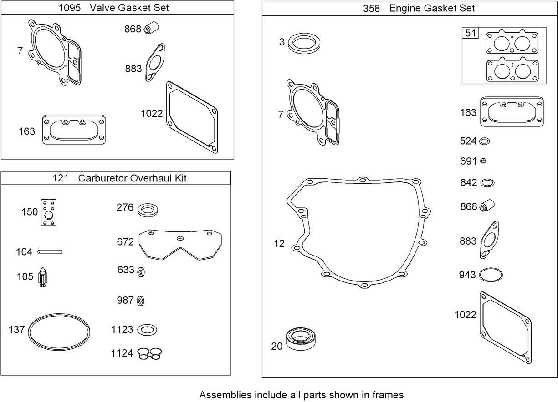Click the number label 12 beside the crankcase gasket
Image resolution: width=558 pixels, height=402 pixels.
click(x=279, y=244)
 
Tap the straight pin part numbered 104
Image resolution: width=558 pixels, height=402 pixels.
click(x=50, y=251)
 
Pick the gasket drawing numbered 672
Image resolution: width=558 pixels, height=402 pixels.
click(x=180, y=244)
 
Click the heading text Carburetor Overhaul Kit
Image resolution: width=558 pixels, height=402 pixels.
click(x=132, y=178)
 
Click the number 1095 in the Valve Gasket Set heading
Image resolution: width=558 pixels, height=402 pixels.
click(x=70, y=8)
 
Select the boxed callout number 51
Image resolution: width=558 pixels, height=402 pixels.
click(x=470, y=33)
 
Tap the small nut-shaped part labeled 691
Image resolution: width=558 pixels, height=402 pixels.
click(x=484, y=161)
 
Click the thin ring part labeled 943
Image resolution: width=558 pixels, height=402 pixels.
click(x=491, y=275)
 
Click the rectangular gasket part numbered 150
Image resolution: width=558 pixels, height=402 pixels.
click(x=48, y=211)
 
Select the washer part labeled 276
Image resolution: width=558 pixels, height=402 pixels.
click(x=148, y=210)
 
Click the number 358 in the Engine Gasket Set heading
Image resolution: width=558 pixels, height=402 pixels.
click(x=372, y=8)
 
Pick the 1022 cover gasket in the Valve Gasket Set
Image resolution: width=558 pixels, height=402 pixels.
click(x=192, y=116)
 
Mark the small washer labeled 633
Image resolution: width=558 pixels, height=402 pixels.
click(x=142, y=271)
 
